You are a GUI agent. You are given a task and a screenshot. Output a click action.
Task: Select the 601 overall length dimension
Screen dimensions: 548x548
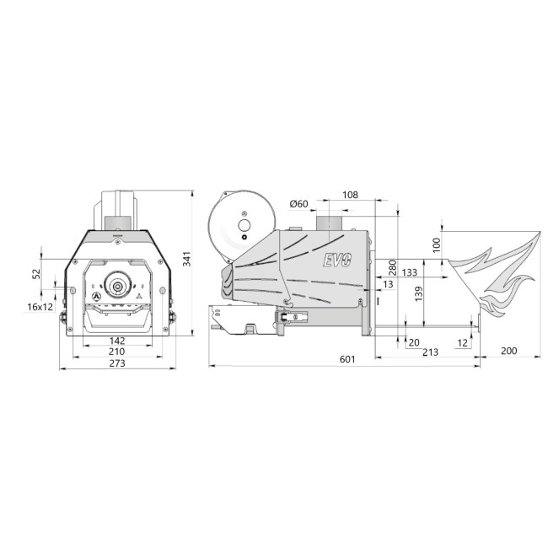(347, 359)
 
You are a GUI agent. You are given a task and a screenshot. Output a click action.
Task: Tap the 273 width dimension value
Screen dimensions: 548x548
(117, 363)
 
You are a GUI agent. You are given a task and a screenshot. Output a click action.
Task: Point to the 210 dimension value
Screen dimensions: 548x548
(117, 352)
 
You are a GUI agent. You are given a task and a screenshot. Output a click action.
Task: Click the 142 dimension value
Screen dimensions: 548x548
(117, 340)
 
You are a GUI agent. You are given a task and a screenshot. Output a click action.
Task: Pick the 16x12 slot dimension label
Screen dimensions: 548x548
(39, 307)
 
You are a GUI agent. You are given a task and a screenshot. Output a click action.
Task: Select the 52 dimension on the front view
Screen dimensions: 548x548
(36, 274)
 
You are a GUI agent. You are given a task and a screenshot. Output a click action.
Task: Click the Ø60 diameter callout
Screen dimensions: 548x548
(298, 204)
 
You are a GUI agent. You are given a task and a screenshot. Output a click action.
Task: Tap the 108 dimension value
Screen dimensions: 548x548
(350, 195)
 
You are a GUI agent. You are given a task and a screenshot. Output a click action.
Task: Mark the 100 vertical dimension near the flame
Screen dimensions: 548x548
(436, 244)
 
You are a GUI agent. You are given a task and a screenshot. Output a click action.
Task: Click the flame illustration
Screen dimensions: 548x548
(493, 274)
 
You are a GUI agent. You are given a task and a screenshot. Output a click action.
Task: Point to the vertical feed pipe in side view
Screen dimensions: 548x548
(329, 221)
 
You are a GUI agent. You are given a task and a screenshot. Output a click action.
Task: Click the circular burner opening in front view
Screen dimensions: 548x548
(117, 286)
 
